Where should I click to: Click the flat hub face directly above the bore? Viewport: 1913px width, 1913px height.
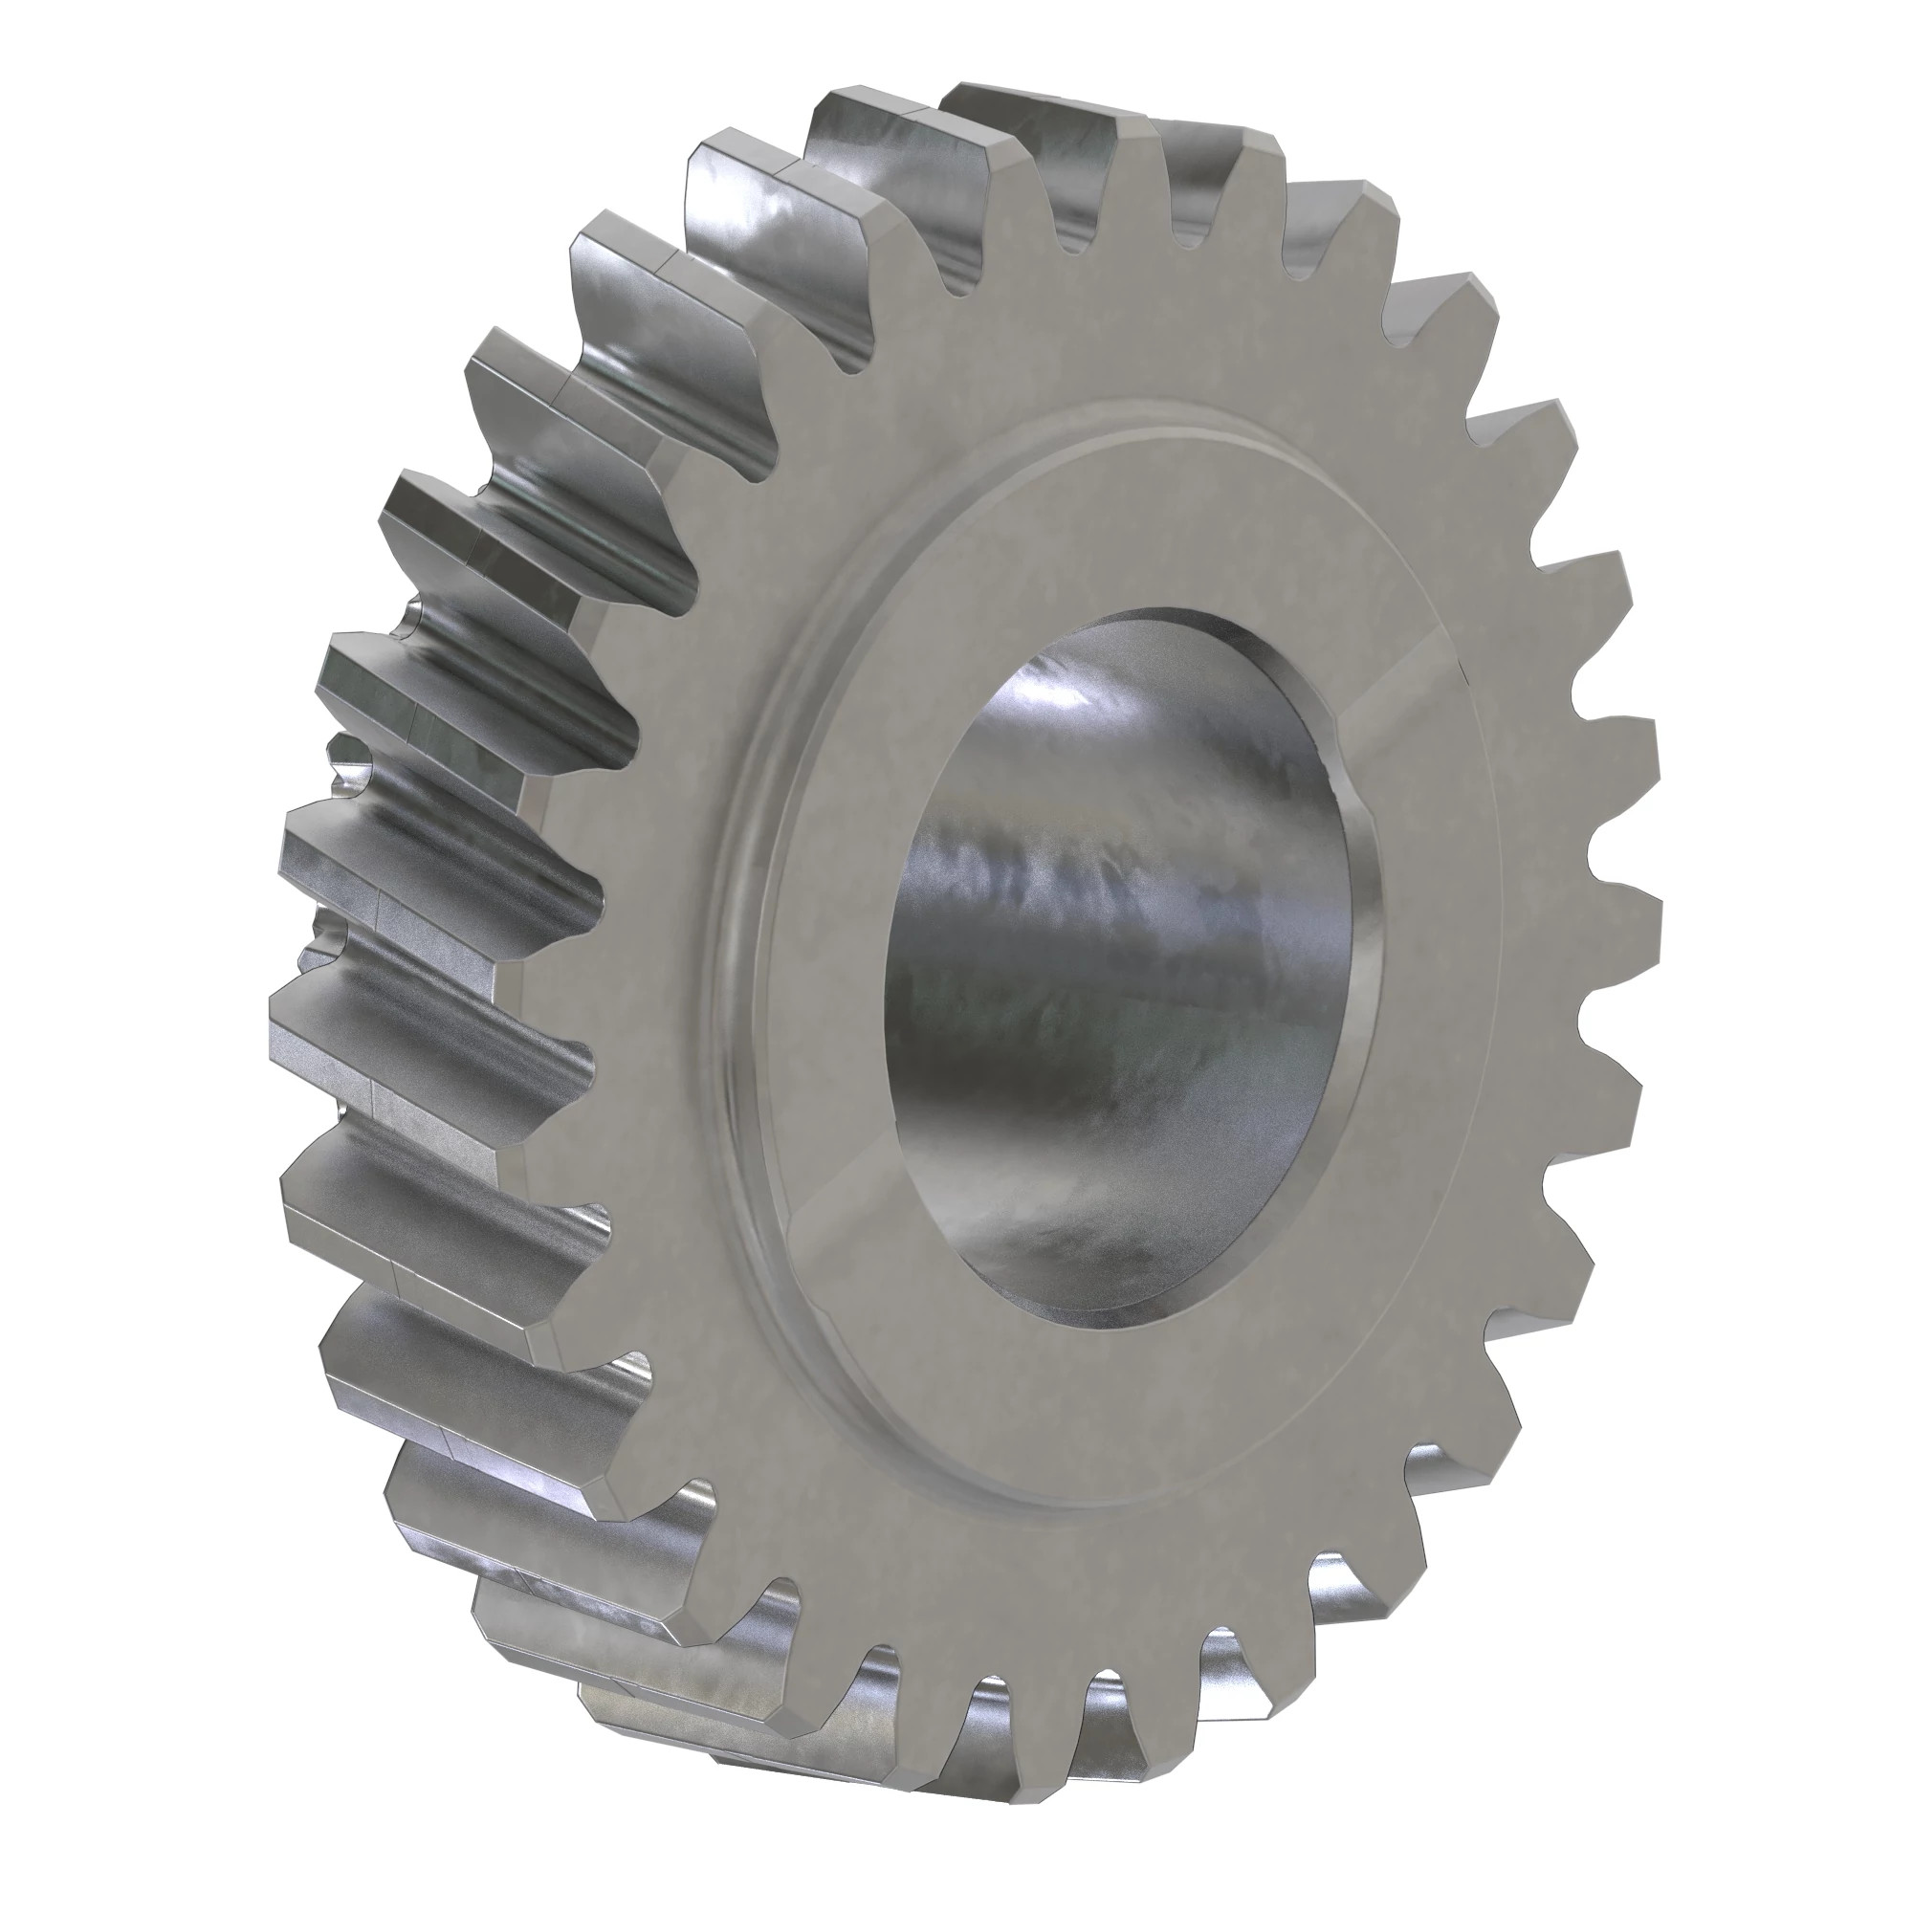(1119, 525)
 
